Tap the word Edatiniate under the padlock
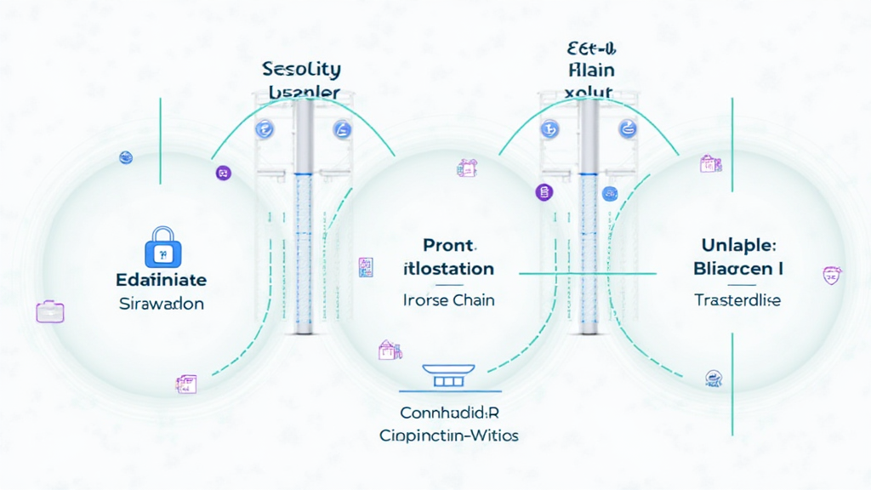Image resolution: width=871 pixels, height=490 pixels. coord(161,280)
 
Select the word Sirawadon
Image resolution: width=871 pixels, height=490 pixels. coord(161,304)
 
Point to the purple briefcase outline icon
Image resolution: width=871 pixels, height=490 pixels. coord(49,311)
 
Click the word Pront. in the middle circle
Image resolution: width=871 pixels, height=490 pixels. coord(447,247)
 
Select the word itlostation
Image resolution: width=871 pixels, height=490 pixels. coord(447,270)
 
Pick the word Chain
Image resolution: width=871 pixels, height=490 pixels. coord(475,300)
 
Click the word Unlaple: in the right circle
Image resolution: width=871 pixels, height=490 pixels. coord(734,246)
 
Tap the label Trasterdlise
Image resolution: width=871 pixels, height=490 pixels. coord(737,300)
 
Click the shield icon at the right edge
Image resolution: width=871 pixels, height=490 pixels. coord(831,275)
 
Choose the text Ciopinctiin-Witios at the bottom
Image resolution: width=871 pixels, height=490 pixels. coord(449,436)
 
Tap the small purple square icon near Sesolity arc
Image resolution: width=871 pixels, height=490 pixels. coord(224,173)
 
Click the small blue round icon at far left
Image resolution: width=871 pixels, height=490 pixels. coord(126,157)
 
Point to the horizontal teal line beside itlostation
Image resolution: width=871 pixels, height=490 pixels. coord(587,274)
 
